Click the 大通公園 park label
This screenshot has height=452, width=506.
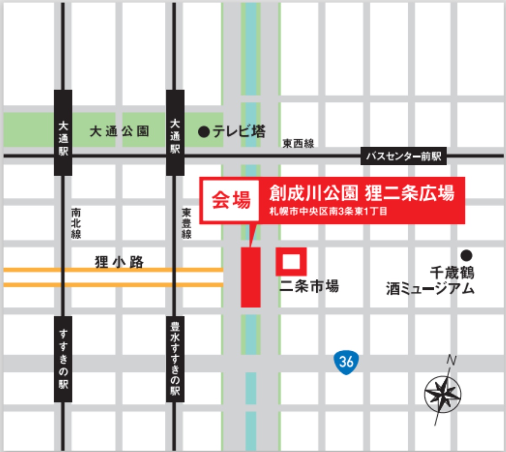point(119,132)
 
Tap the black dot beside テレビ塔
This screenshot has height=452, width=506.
point(204,132)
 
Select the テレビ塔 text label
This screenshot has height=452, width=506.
point(239,132)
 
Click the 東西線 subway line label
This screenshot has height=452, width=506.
point(298,144)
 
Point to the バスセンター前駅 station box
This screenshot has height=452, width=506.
point(404,156)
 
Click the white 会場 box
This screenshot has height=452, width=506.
point(230,200)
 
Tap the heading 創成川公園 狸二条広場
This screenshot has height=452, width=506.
point(362,193)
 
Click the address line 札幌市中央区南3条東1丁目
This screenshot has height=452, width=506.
point(328,211)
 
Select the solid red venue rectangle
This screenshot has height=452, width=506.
point(250,277)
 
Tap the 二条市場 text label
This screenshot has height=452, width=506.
point(309,287)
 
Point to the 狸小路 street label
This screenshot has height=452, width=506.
point(119,262)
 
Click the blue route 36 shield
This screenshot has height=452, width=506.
point(346,361)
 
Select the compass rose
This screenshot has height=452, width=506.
point(443,394)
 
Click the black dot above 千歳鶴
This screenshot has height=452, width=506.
point(466,255)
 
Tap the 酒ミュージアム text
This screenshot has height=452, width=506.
point(430,289)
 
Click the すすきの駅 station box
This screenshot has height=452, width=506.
point(63,359)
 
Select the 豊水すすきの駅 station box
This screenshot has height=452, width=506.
point(175,359)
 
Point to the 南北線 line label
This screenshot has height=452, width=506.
point(76,223)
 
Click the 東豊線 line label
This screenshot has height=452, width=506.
point(186,223)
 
